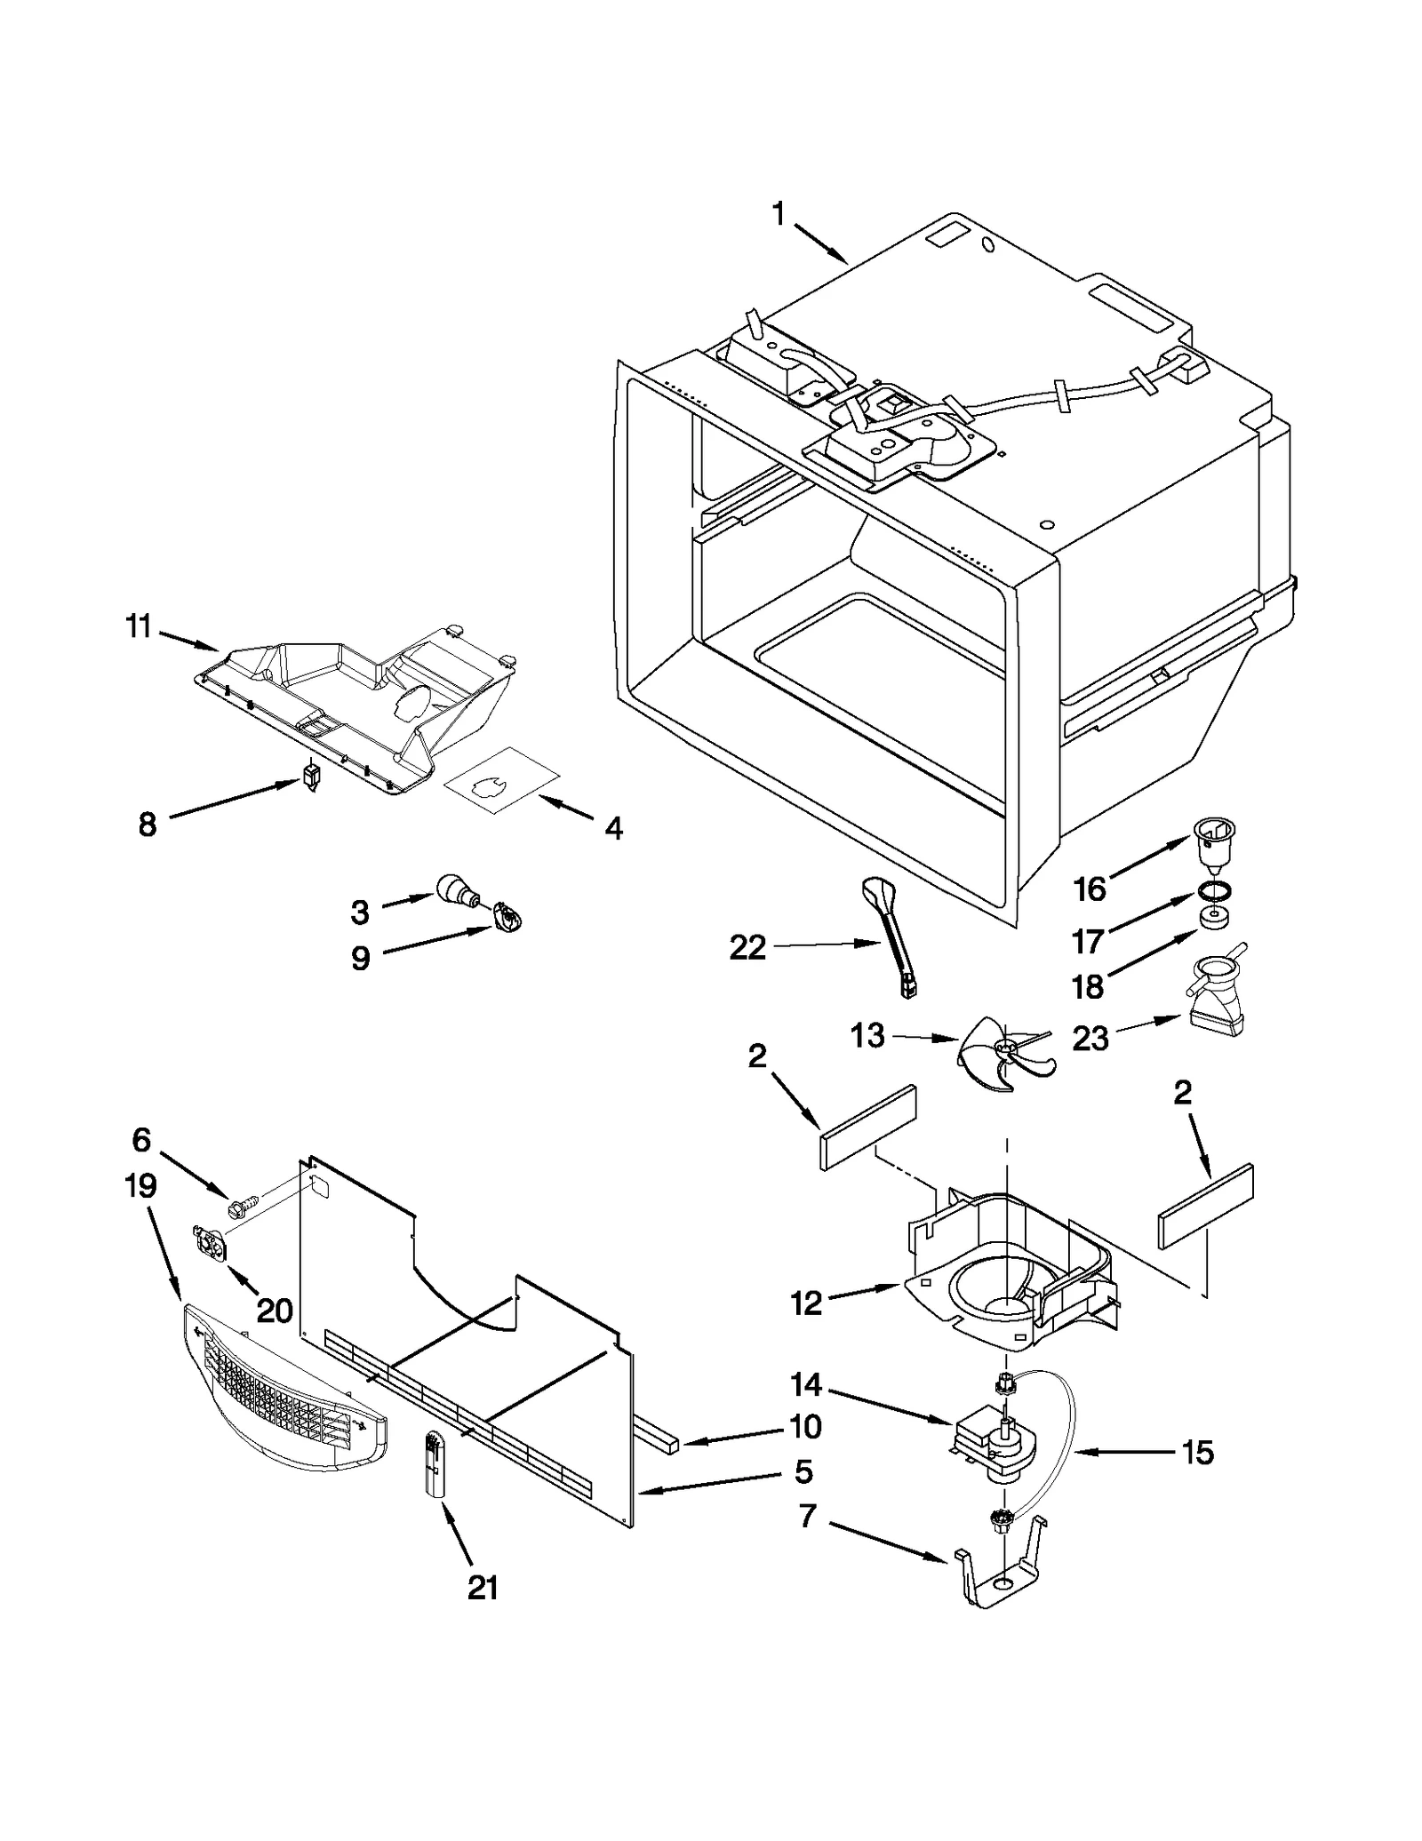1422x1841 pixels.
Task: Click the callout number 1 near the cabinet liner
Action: click(778, 214)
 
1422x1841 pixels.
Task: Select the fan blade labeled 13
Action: click(1004, 1054)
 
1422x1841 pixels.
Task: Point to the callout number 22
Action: click(747, 948)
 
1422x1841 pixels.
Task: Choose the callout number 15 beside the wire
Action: click(1197, 1453)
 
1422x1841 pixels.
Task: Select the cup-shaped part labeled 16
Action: click(1214, 840)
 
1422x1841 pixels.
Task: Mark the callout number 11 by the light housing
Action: click(139, 627)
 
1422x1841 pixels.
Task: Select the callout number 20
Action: click(274, 1310)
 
